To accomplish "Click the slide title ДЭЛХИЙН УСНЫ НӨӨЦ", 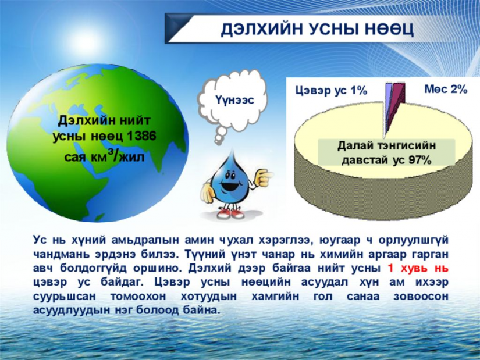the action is tap(318, 29).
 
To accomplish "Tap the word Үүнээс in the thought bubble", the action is tap(234, 99).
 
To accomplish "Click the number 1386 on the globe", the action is tap(141, 136).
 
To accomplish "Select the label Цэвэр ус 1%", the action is tap(331, 91).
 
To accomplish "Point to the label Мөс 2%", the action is tap(446, 89).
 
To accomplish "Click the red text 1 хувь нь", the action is tap(418, 268).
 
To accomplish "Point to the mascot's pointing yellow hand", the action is tap(262, 178).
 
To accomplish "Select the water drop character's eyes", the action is tap(231, 176).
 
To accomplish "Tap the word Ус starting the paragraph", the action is tap(40, 240).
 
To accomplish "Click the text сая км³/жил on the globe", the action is tap(104, 156).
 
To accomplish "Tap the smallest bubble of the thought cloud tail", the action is tap(218, 142).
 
